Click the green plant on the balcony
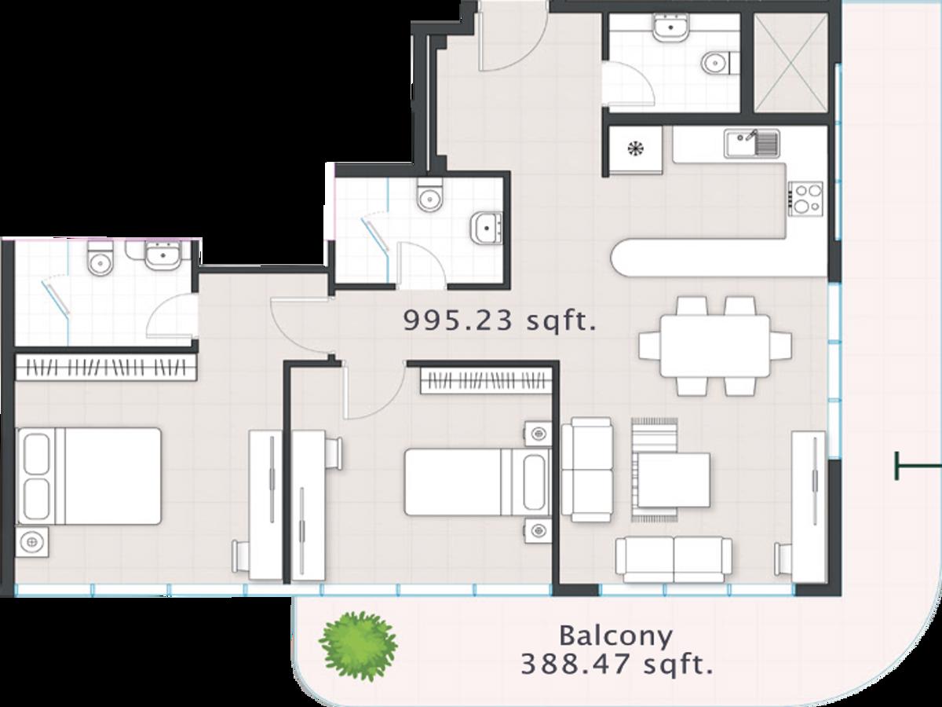(358, 646)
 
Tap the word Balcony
(616, 637)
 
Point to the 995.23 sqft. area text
(500, 321)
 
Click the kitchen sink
(752, 144)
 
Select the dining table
(715, 346)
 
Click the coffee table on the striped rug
(674, 480)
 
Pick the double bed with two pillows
(89, 475)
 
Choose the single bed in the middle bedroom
(477, 482)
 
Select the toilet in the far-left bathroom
(100, 258)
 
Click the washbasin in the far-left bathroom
(162, 255)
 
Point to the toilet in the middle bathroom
(429, 196)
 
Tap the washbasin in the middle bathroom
(487, 228)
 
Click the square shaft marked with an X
(791, 63)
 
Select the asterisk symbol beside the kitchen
(636, 148)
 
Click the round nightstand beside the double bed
(31, 542)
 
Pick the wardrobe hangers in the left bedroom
(107, 368)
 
